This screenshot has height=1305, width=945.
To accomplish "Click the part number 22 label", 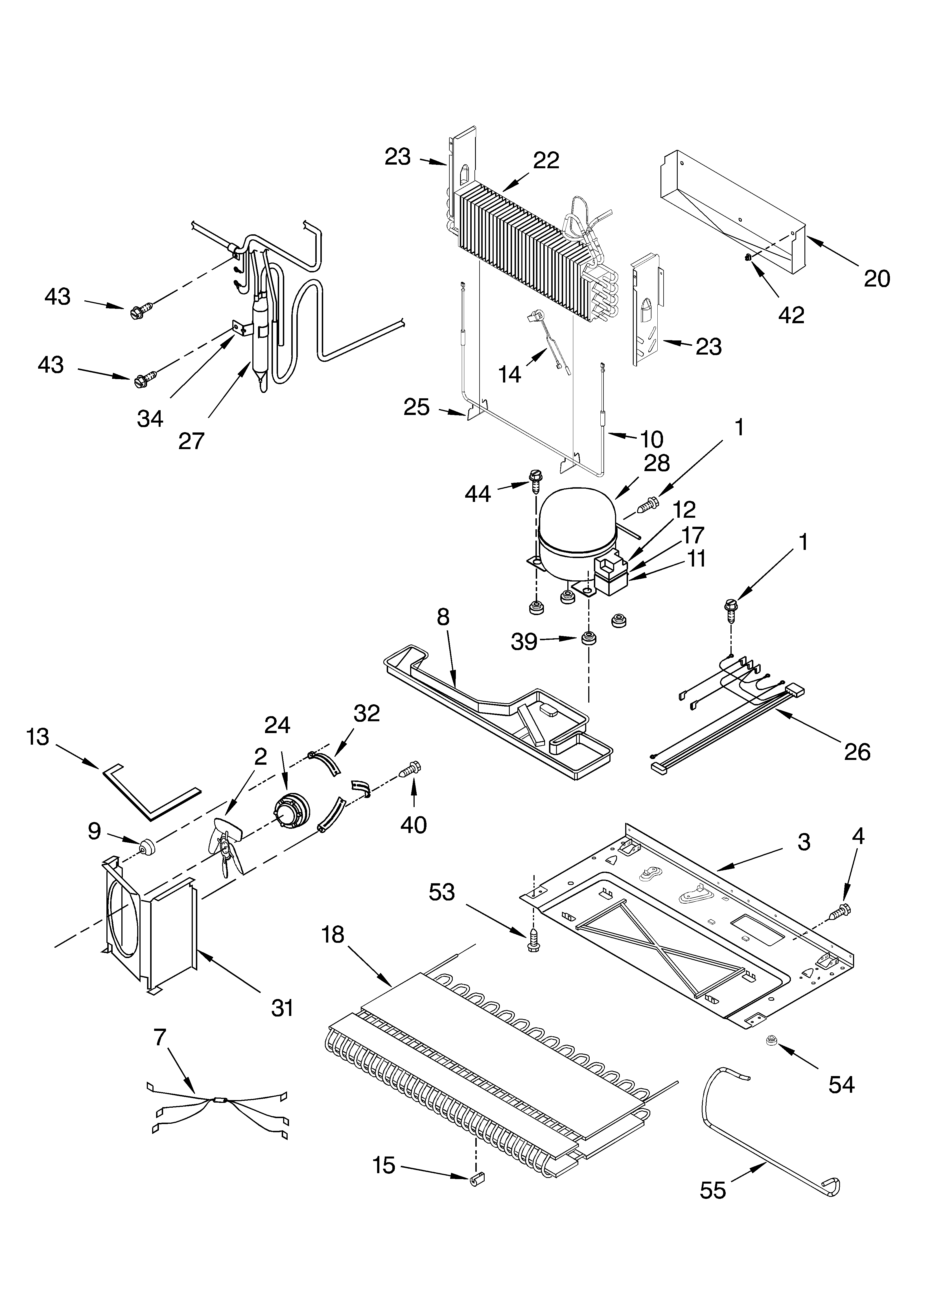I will click(x=546, y=161).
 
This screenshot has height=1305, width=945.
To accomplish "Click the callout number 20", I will click(x=876, y=279).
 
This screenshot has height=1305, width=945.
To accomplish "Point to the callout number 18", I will click(x=333, y=935).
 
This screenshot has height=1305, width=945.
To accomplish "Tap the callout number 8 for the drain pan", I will click(x=443, y=617).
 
